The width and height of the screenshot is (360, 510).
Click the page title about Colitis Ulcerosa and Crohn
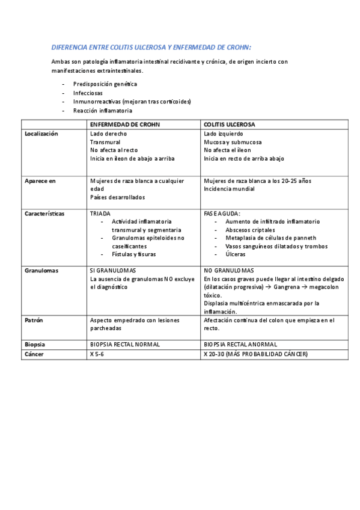pos(151,47)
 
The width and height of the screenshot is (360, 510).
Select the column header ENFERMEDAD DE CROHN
pos(125,124)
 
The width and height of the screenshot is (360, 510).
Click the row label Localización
pos(41,134)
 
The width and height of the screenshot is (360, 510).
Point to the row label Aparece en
pos(40,181)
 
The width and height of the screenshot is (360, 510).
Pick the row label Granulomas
pos(41,271)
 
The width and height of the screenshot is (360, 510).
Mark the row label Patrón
pos(34,321)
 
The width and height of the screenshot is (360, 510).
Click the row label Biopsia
pos(35,344)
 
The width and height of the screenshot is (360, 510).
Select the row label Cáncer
pos(34,354)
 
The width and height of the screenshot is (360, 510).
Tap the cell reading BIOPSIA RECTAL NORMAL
pos(124,344)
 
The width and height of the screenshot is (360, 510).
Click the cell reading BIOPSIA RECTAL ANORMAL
pos(240,344)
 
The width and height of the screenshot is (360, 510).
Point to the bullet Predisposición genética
pos(105,84)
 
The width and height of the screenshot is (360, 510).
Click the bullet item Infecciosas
pos(88,93)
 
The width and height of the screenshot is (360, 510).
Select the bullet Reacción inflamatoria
pos(102,111)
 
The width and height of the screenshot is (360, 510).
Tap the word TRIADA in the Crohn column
pos(100,214)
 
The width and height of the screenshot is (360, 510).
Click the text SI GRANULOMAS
pos(112,271)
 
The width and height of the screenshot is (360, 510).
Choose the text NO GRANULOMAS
pos(228,271)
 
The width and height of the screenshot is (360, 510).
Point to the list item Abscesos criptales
pos(250,230)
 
